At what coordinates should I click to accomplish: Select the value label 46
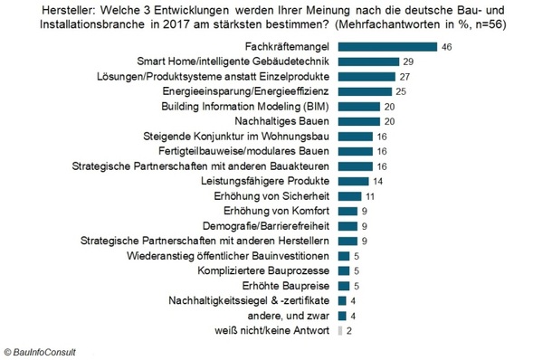click(x=447, y=45)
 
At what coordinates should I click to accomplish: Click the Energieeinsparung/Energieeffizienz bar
click(x=364, y=91)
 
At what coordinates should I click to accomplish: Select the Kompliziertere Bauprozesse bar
click(x=342, y=270)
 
